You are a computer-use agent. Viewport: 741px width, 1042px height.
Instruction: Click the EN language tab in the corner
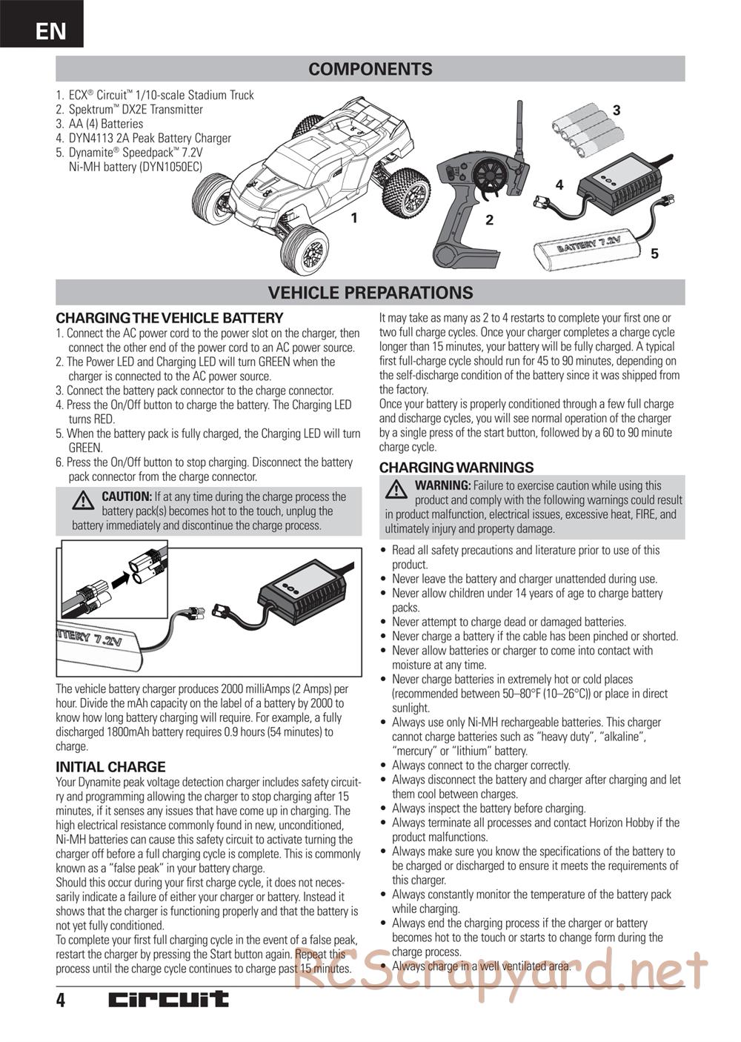pyautogui.click(x=50, y=30)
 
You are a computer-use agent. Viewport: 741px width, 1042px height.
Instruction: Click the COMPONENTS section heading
pyautogui.click(x=370, y=69)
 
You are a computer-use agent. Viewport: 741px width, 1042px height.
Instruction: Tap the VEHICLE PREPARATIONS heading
pyautogui.click(x=370, y=293)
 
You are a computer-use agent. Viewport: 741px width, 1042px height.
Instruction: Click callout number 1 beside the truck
pyautogui.click(x=355, y=218)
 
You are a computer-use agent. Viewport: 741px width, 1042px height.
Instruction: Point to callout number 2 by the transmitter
pyautogui.click(x=489, y=220)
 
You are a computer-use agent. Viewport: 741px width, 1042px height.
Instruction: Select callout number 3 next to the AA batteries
pyautogui.click(x=616, y=110)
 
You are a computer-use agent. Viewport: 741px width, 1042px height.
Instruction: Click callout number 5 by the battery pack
pyautogui.click(x=654, y=254)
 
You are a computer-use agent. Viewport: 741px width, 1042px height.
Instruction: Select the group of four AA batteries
pyautogui.click(x=588, y=129)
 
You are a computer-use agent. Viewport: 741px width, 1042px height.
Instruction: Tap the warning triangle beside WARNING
pyautogui.click(x=396, y=489)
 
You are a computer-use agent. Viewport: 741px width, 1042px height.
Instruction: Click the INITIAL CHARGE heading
pyautogui.click(x=110, y=767)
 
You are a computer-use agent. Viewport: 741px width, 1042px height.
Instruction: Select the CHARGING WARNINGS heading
pyautogui.click(x=456, y=468)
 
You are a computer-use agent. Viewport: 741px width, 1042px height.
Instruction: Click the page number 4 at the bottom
pyautogui.click(x=61, y=1000)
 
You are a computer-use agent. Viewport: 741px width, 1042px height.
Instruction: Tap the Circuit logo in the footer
pyautogui.click(x=168, y=1000)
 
